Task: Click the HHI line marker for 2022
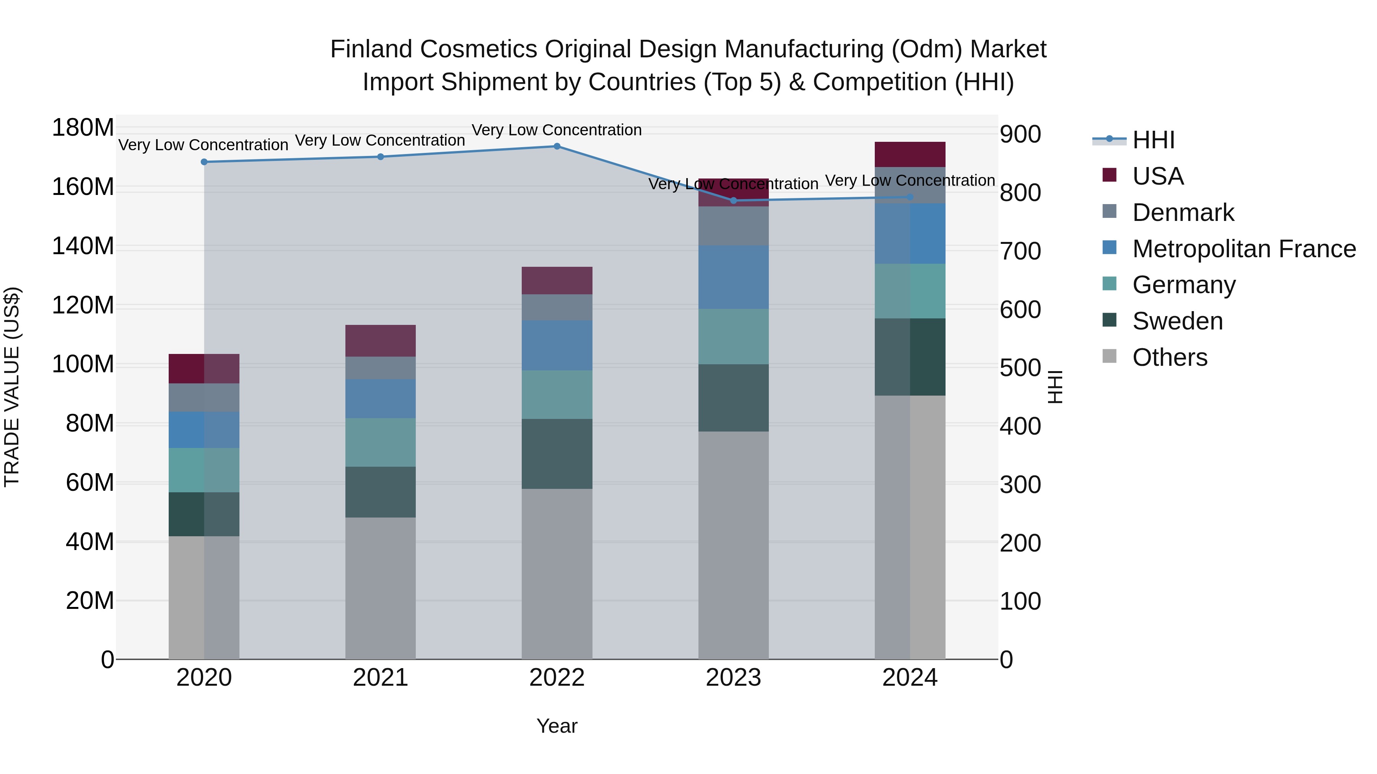pos(557,146)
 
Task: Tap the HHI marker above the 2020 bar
pos(203,162)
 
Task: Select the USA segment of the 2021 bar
pos(380,341)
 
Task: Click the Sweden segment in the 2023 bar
pos(733,398)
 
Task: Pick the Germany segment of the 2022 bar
pos(557,395)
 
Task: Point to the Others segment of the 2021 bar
pos(380,587)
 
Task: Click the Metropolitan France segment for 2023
pos(733,277)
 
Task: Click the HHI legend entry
pos(1153,140)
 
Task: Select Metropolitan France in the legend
pos(1244,249)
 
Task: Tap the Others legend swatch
pos(1109,356)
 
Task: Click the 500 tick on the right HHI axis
pos(1020,368)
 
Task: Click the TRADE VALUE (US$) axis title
pos(12,387)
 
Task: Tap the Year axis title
pos(557,726)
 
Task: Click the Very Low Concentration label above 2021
pos(380,141)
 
